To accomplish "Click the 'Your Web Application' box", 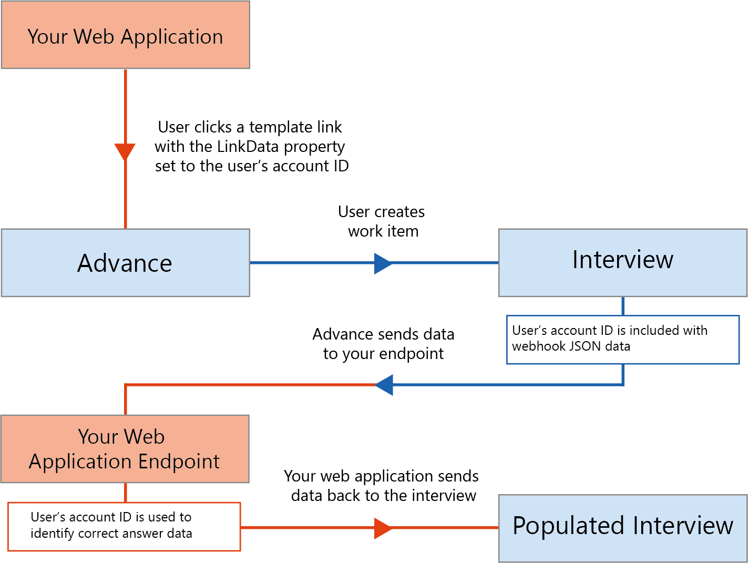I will coord(125,35).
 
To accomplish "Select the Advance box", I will coord(125,263).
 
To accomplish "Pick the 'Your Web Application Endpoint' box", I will coord(125,448).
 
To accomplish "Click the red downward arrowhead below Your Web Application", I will coord(125,151).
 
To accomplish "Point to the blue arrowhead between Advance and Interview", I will coord(383,263).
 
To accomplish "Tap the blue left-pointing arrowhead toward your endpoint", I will coord(384,385).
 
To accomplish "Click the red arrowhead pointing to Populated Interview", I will coord(383,528).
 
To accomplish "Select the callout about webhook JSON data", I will coord(623,339).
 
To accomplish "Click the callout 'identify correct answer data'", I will coord(124,526).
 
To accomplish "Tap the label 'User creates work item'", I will coord(382,221).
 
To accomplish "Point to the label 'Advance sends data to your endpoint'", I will coord(383,344).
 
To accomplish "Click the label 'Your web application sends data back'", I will coord(382,486).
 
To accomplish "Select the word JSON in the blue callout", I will coord(586,346).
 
